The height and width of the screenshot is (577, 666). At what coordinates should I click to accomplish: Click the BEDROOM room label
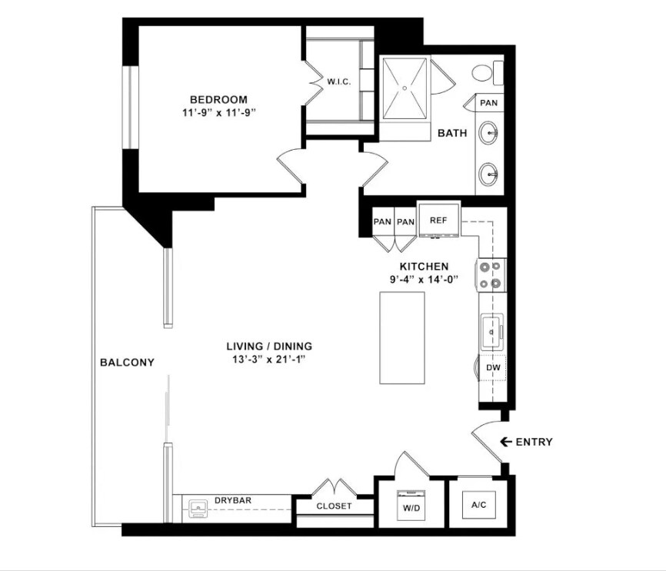click(x=218, y=99)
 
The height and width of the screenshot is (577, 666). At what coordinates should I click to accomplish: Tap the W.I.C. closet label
click(x=339, y=82)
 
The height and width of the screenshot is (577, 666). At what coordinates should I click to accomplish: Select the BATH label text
click(x=452, y=133)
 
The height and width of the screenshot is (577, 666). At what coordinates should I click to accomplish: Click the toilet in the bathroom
click(x=483, y=74)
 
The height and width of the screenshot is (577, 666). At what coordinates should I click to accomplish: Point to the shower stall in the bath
click(x=405, y=88)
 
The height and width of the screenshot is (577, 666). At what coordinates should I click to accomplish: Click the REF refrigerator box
click(x=438, y=220)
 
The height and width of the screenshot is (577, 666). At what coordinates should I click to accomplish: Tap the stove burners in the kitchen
click(x=491, y=275)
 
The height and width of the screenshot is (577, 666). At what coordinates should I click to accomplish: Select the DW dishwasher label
click(x=492, y=369)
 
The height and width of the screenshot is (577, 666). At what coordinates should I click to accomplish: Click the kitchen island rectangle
click(x=401, y=337)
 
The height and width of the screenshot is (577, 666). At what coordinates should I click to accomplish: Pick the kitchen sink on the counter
click(x=491, y=332)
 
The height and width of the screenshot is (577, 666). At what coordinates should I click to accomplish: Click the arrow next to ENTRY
click(x=506, y=442)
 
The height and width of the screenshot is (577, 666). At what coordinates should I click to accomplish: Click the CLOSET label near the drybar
click(x=334, y=506)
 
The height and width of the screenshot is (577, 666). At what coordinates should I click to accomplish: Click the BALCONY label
click(x=127, y=363)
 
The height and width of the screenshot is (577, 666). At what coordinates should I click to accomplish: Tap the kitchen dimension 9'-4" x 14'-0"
click(x=424, y=280)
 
